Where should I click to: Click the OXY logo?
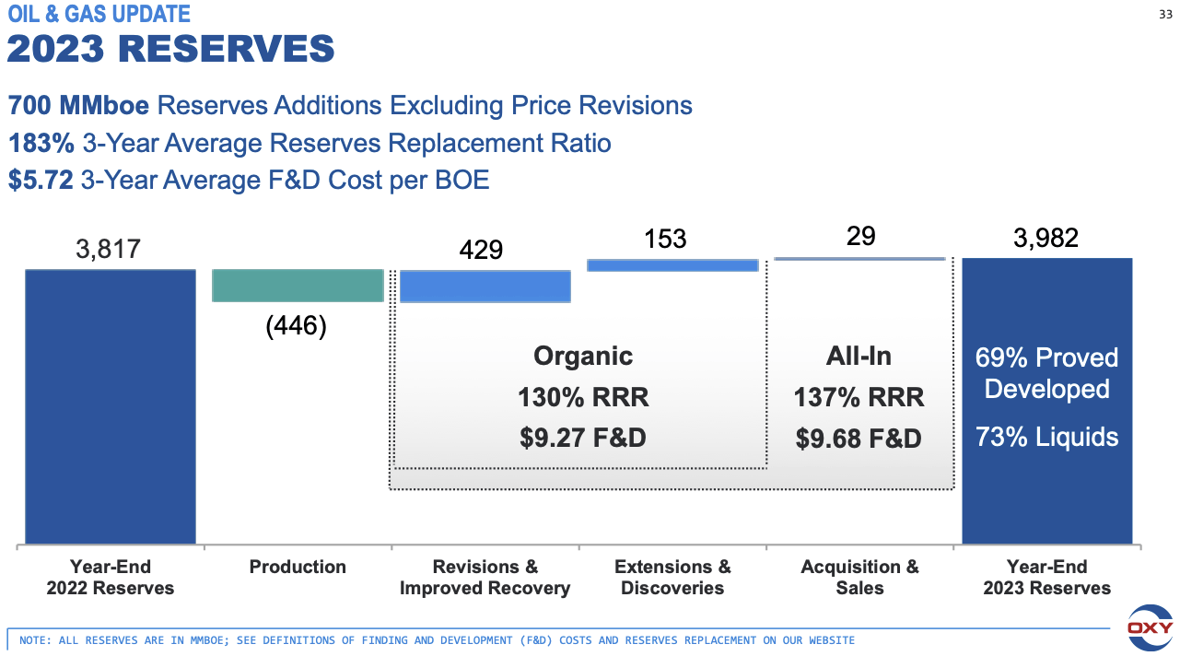[1151, 628]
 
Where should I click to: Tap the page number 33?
[1164, 14]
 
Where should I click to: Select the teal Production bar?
[298, 286]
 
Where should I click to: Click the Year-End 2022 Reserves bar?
[110, 405]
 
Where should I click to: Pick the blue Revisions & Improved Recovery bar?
[485, 287]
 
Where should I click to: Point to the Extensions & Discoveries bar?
[672, 265]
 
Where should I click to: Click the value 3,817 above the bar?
[108, 249]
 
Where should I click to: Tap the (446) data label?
[296, 326]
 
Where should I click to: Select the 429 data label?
[480, 250]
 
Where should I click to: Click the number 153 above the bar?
[665, 239]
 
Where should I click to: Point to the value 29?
[860, 236]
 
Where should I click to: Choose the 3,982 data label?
[1046, 238]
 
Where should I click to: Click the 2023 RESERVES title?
[170, 49]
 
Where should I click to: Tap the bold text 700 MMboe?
[78, 105]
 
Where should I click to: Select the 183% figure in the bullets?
[41, 143]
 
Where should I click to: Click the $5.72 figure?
[41, 181]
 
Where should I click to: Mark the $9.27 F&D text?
[582, 437]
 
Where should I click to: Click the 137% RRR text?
[859, 397]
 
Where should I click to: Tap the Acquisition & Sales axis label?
[859, 577]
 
